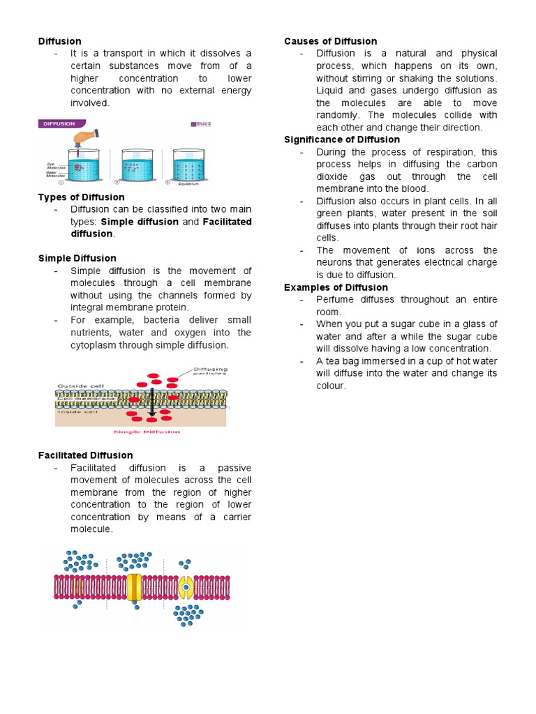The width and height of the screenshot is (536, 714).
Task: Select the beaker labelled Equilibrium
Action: (191, 165)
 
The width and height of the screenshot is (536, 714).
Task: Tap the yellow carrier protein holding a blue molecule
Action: (186, 587)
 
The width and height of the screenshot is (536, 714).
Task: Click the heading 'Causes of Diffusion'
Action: (330, 41)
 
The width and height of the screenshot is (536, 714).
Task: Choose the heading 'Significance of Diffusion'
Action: (342, 139)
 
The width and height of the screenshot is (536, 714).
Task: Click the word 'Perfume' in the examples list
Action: (336, 299)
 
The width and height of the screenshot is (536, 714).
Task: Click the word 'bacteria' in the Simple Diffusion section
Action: (165, 320)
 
